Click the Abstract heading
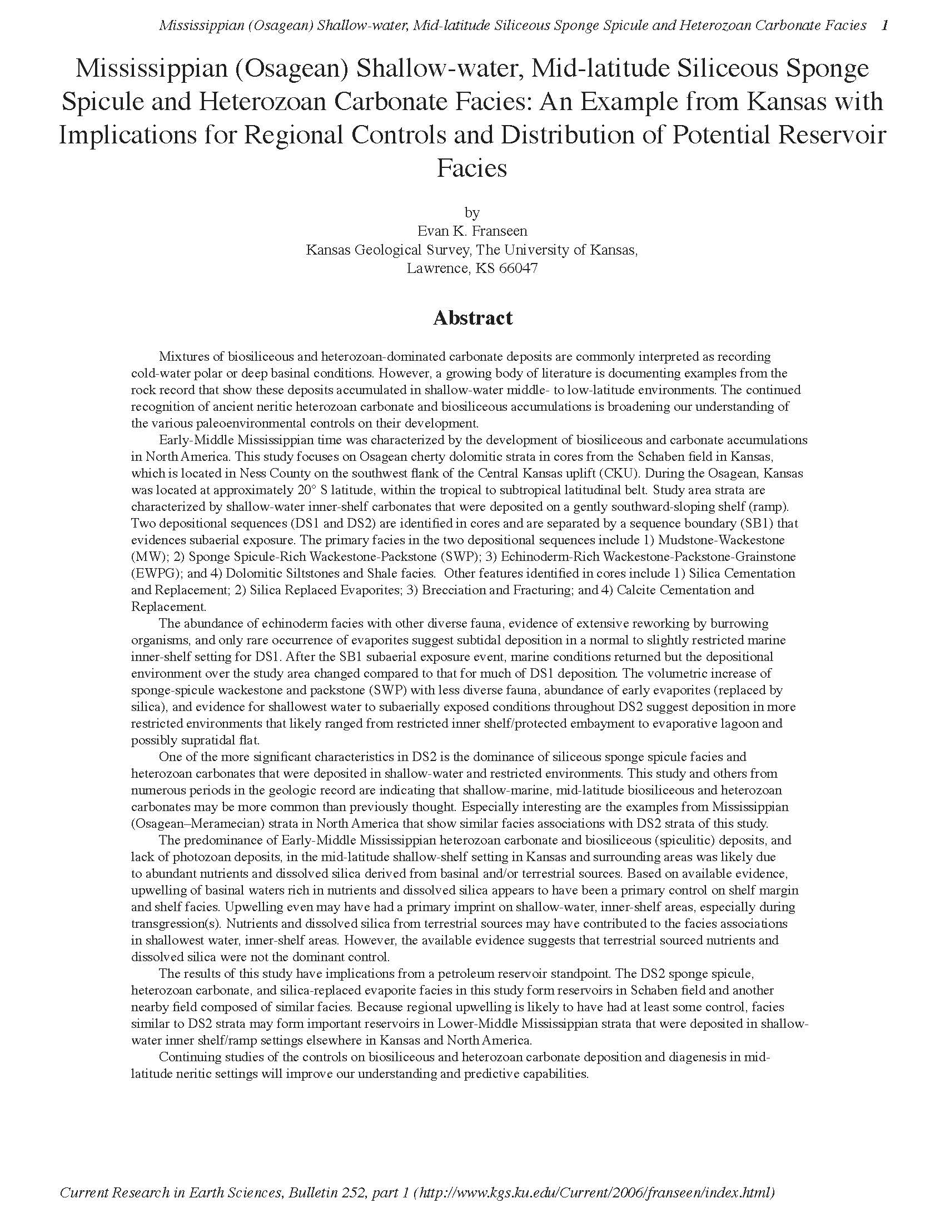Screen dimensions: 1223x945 point(472,318)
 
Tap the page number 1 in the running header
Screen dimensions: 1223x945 point(884,25)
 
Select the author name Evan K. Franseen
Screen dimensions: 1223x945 point(472,231)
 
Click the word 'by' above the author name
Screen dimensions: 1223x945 point(472,213)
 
